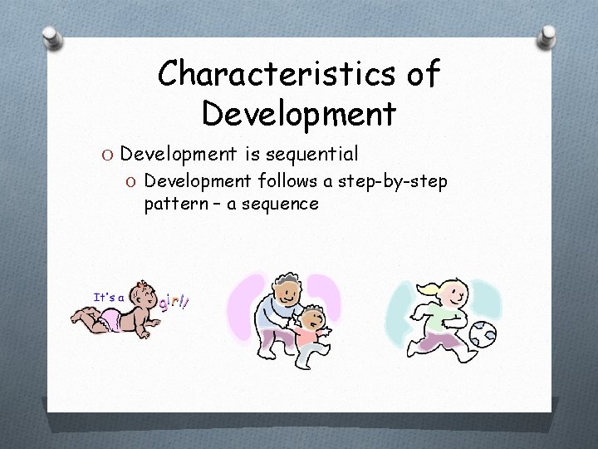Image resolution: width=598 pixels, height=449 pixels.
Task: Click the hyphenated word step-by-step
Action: [389, 181]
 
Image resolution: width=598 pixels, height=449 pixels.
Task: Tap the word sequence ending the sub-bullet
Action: [279, 204]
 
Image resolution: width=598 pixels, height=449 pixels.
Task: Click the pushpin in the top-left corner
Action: [51, 39]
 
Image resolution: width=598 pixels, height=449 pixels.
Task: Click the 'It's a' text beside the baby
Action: [109, 297]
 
